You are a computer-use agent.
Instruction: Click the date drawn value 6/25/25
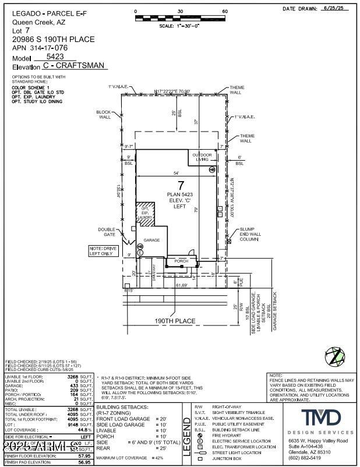[x=337, y=9]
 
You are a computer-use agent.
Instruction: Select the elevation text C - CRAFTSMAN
[x=75, y=66]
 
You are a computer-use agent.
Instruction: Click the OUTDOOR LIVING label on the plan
[x=202, y=157]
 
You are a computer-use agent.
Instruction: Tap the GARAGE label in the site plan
[x=152, y=240]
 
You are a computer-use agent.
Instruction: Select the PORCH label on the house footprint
[x=182, y=261]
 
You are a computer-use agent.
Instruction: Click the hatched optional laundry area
[x=146, y=214]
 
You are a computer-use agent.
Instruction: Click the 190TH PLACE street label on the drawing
[x=176, y=320]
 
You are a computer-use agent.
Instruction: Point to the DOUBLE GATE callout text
[x=107, y=232]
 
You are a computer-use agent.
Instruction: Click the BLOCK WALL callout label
[x=104, y=114]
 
